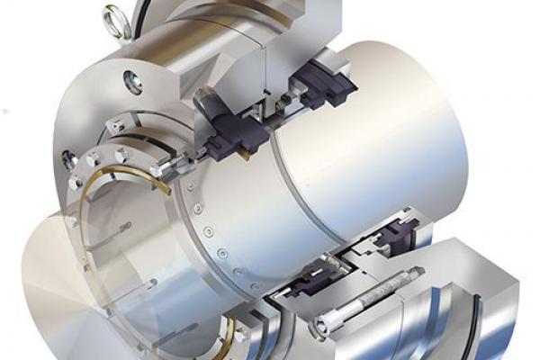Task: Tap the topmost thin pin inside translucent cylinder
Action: (117, 225)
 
